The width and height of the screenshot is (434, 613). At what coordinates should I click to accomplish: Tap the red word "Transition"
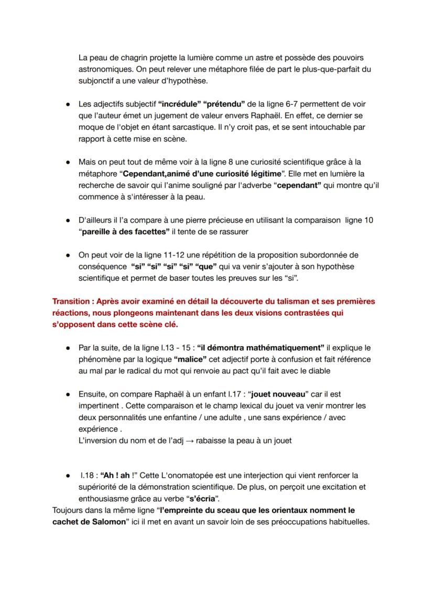[x=72, y=302]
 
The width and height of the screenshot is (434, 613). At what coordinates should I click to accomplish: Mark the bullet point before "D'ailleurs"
[x=68, y=220]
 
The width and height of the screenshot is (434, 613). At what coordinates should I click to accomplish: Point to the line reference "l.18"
[x=87, y=476]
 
